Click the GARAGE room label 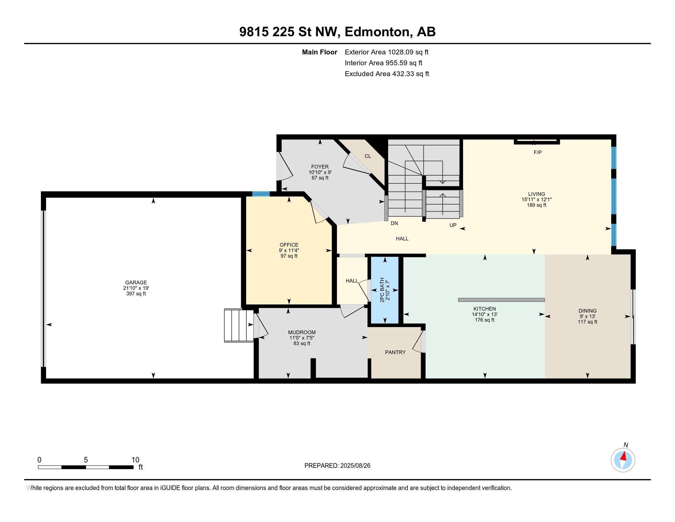136,282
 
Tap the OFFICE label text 289,245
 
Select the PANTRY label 395,352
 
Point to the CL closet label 368,156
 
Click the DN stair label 394,223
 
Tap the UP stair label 453,225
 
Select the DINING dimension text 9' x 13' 587,316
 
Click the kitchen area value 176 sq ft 484,320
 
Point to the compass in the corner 623,460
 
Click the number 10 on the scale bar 135,460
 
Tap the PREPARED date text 337,466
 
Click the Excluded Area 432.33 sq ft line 387,74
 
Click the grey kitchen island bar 501,300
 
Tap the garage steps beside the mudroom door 238,325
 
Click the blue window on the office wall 261,194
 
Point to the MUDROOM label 302,333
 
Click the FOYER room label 320,167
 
